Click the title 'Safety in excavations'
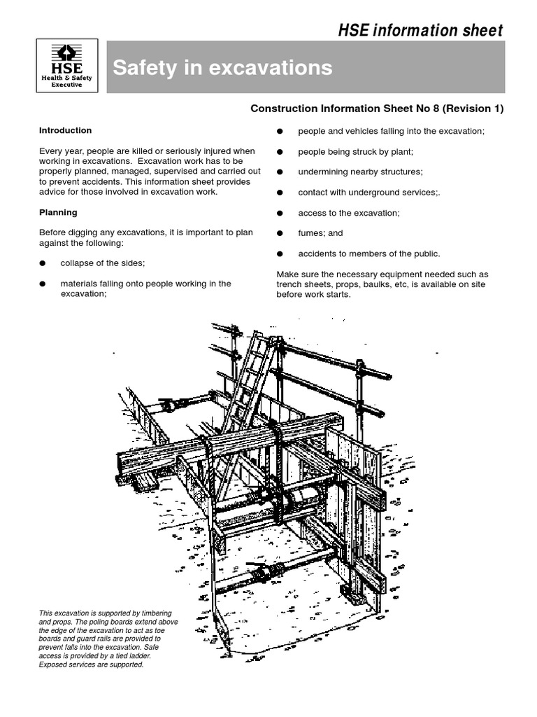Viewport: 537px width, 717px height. click(222, 68)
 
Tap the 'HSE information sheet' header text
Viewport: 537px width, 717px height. click(420, 30)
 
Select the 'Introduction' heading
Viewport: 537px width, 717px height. click(65, 130)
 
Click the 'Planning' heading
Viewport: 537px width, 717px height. click(58, 212)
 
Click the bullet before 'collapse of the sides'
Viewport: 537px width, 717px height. click(43, 263)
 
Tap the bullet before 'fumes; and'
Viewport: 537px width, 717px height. click(280, 233)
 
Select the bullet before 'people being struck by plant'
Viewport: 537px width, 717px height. click(280, 152)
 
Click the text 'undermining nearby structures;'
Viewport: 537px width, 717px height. click(360, 172)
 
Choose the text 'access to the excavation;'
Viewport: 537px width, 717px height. click(349, 213)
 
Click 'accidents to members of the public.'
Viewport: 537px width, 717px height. click(369, 253)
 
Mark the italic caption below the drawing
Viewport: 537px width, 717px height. click(108, 639)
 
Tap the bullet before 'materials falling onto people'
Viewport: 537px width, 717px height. click(43, 284)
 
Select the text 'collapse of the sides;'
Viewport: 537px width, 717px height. click(103, 263)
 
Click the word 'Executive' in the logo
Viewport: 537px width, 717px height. click(69, 85)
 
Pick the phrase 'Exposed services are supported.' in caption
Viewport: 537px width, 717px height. click(91, 664)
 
